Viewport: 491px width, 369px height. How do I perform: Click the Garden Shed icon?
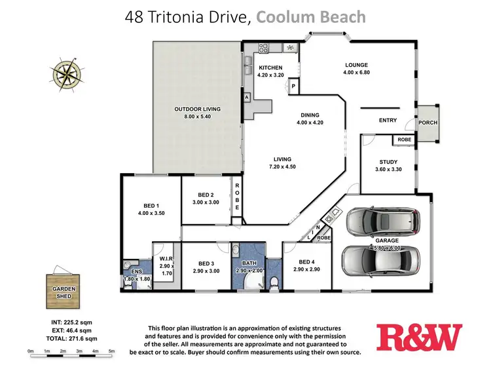62,290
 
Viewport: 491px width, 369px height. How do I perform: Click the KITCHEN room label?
270,68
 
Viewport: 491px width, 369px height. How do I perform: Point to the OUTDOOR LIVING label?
197,109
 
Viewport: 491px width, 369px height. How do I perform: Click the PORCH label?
429,123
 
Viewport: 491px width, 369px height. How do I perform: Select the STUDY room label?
389,163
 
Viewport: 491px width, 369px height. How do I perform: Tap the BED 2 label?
206,195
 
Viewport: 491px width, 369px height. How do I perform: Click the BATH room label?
248,264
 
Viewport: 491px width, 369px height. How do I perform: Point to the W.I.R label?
166,258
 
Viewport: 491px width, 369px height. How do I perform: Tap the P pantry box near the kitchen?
293,86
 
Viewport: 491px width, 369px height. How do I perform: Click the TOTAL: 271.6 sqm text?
64,339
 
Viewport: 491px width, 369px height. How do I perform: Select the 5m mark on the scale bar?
111,352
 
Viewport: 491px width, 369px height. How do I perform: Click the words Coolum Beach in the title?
311,18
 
